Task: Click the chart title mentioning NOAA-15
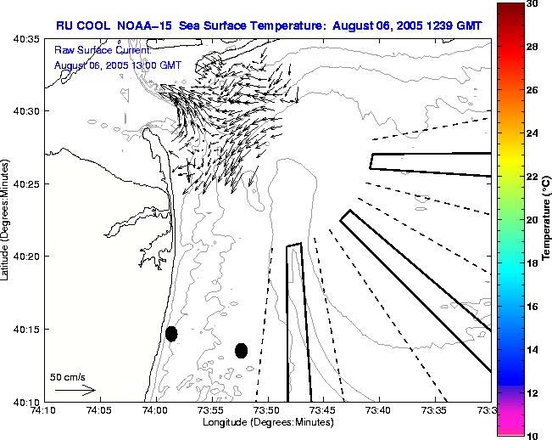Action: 269,25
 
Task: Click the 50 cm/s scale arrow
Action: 75,390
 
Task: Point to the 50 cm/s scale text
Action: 68,376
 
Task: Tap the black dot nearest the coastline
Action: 171,334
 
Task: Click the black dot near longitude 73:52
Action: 241,350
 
